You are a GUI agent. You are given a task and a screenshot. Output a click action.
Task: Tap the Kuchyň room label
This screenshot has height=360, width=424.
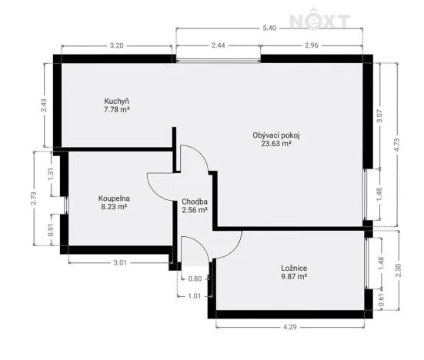[116, 101]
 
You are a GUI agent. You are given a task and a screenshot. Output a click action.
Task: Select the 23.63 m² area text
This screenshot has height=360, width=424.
[275, 144]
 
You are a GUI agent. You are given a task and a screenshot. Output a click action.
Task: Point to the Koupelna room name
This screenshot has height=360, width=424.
[112, 197]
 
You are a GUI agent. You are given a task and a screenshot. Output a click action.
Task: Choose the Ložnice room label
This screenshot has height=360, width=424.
[295, 268]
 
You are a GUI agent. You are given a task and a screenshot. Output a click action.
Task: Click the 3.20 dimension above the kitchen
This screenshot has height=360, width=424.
[117, 46]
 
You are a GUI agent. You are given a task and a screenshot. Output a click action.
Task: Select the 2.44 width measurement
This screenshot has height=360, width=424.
[219, 46]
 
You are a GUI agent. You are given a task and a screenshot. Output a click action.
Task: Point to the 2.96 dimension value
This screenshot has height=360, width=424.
[311, 46]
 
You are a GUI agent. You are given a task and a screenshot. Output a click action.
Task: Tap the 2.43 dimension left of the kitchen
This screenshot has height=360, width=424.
[44, 104]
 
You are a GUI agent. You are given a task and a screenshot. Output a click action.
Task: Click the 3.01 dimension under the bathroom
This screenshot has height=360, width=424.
[119, 262]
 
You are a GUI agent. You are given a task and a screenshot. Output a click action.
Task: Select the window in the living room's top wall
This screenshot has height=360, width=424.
[219, 58]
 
